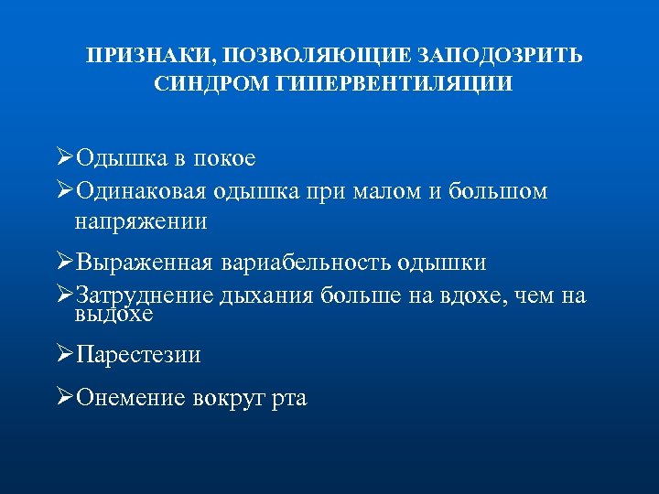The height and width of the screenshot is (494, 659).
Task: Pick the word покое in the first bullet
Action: coord(223,158)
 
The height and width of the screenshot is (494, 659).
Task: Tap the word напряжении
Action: coord(141,220)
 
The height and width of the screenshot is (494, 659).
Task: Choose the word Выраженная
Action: coord(143,263)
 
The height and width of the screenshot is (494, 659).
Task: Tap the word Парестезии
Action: coord(138,355)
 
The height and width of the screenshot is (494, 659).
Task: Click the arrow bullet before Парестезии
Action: coord(63,354)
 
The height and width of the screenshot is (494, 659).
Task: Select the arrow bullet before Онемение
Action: coord(63,396)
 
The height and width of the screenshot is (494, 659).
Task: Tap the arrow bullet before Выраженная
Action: coord(63,262)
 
